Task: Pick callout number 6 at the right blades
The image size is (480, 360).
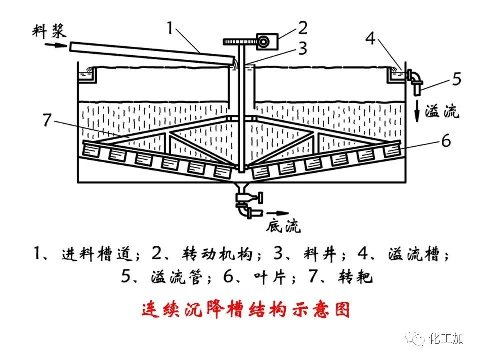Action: tap(446, 141)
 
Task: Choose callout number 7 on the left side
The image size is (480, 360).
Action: tap(47, 120)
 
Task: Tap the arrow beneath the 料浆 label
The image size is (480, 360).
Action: tap(54, 45)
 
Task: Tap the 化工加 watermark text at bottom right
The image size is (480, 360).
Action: tap(446, 339)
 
